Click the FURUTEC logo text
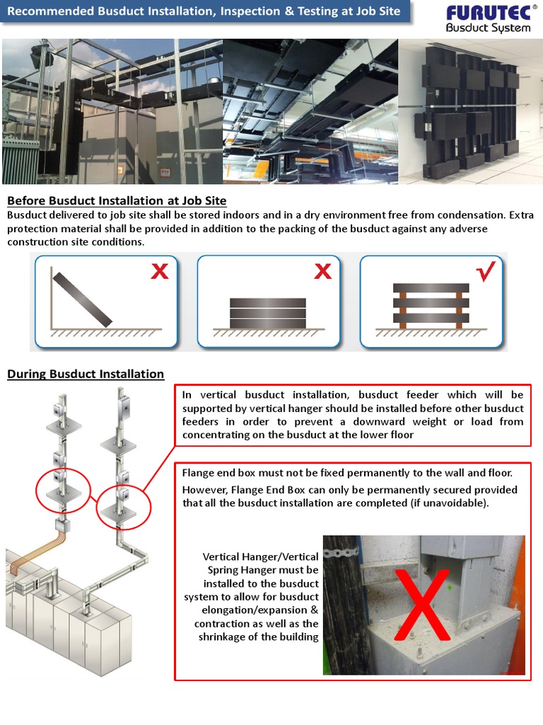click(x=484, y=13)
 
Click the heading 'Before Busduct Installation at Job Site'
click(x=117, y=201)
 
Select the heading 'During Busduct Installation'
click(x=86, y=374)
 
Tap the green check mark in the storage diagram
click(x=487, y=273)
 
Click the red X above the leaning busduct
click(x=160, y=271)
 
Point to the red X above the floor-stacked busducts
click(x=322, y=271)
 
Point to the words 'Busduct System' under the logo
click(x=487, y=28)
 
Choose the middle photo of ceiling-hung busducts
click(x=310, y=112)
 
